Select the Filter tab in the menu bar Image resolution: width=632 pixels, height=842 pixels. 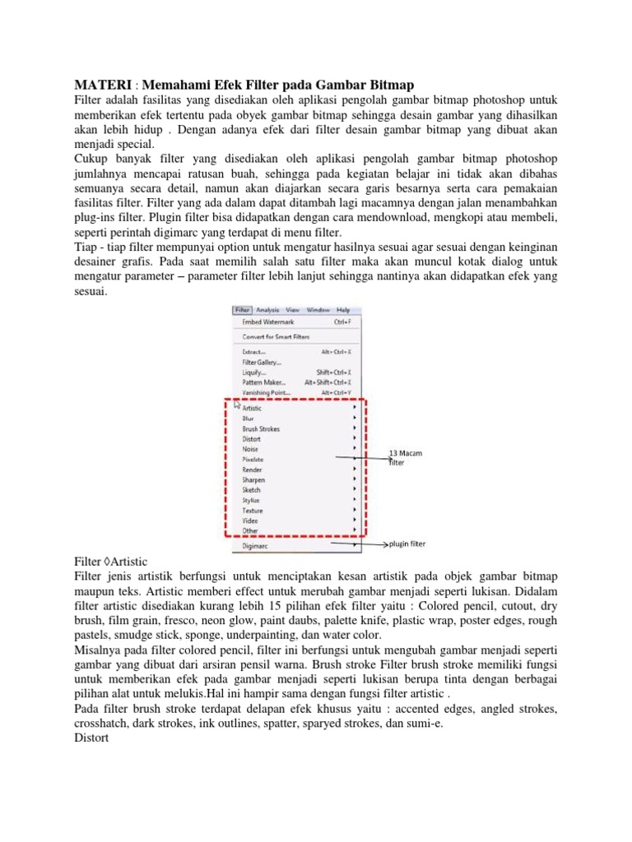(x=242, y=310)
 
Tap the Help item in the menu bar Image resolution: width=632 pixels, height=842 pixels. (x=343, y=310)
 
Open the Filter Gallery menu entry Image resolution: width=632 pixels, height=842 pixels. (x=262, y=361)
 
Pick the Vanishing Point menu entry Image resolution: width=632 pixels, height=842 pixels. (x=266, y=392)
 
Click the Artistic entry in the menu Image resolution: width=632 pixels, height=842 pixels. (x=253, y=408)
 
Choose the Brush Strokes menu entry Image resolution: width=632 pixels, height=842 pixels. (x=260, y=428)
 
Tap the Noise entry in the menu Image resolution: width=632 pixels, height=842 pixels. (x=250, y=449)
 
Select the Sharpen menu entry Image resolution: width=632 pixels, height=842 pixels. (x=253, y=479)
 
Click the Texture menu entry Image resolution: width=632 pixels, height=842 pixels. (x=253, y=510)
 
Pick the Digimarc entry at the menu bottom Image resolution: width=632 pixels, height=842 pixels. (x=256, y=544)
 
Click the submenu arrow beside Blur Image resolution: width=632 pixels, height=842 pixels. (x=355, y=418)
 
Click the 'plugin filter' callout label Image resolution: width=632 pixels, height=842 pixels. (x=407, y=544)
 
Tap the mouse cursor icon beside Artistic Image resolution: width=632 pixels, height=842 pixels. (x=238, y=405)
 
